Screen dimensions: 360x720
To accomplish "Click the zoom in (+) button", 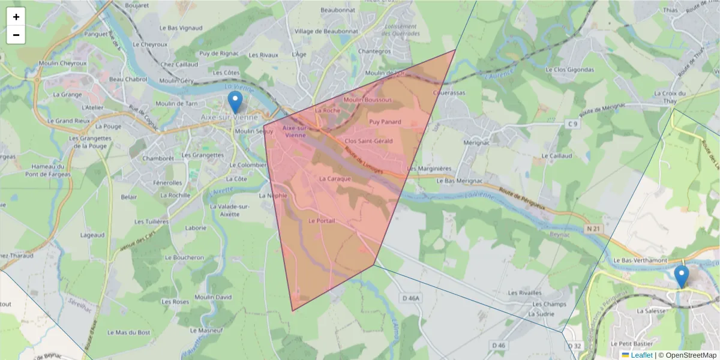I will click(x=16, y=17).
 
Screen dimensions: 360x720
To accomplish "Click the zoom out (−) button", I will click(x=16, y=35).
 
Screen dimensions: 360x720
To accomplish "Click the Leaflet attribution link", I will click(x=641, y=355).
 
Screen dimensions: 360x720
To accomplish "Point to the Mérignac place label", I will click(x=477, y=143).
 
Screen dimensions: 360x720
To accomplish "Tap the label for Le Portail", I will click(x=321, y=221).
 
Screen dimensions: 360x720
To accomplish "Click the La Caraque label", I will click(x=334, y=178).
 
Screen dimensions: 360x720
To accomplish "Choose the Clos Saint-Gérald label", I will click(x=369, y=141).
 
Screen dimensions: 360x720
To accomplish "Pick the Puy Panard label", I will click(x=385, y=122).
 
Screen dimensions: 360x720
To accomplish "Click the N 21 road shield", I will click(x=593, y=229).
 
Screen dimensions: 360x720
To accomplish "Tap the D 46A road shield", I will click(x=412, y=298).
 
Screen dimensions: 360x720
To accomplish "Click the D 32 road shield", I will click(x=574, y=346).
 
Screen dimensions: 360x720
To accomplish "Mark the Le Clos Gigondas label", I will click(x=569, y=70).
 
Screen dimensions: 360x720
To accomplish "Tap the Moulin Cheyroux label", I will click(x=62, y=63).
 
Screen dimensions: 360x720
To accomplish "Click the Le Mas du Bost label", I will click(x=128, y=332).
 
